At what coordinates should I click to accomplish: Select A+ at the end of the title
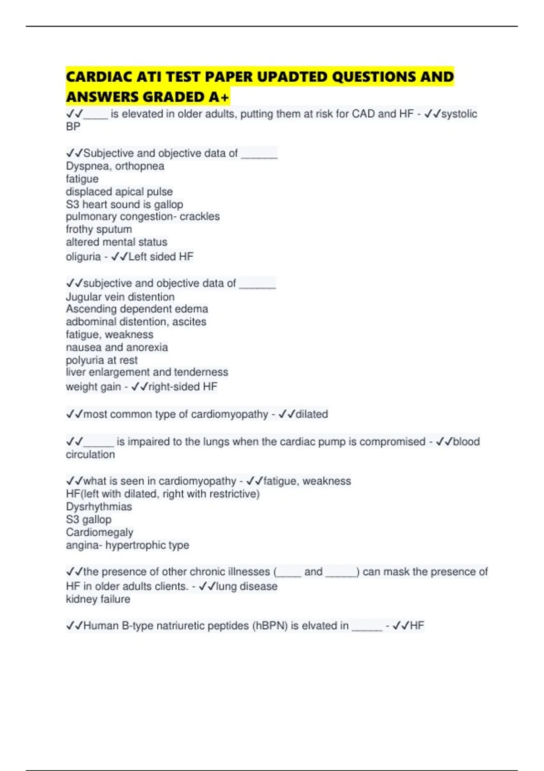[219, 97]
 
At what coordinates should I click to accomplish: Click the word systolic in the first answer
[459, 114]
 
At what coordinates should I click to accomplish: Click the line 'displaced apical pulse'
[119, 191]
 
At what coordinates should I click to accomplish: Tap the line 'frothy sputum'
[99, 229]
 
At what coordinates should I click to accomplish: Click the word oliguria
[83, 257]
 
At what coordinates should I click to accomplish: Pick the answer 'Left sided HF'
[161, 257]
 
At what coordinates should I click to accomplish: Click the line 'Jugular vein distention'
[120, 297]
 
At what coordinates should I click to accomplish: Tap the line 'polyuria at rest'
[102, 360]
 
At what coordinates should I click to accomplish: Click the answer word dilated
[311, 414]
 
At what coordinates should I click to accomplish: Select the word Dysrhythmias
[99, 507]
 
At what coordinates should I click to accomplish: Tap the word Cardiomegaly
[100, 532]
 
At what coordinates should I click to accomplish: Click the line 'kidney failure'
[98, 599]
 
